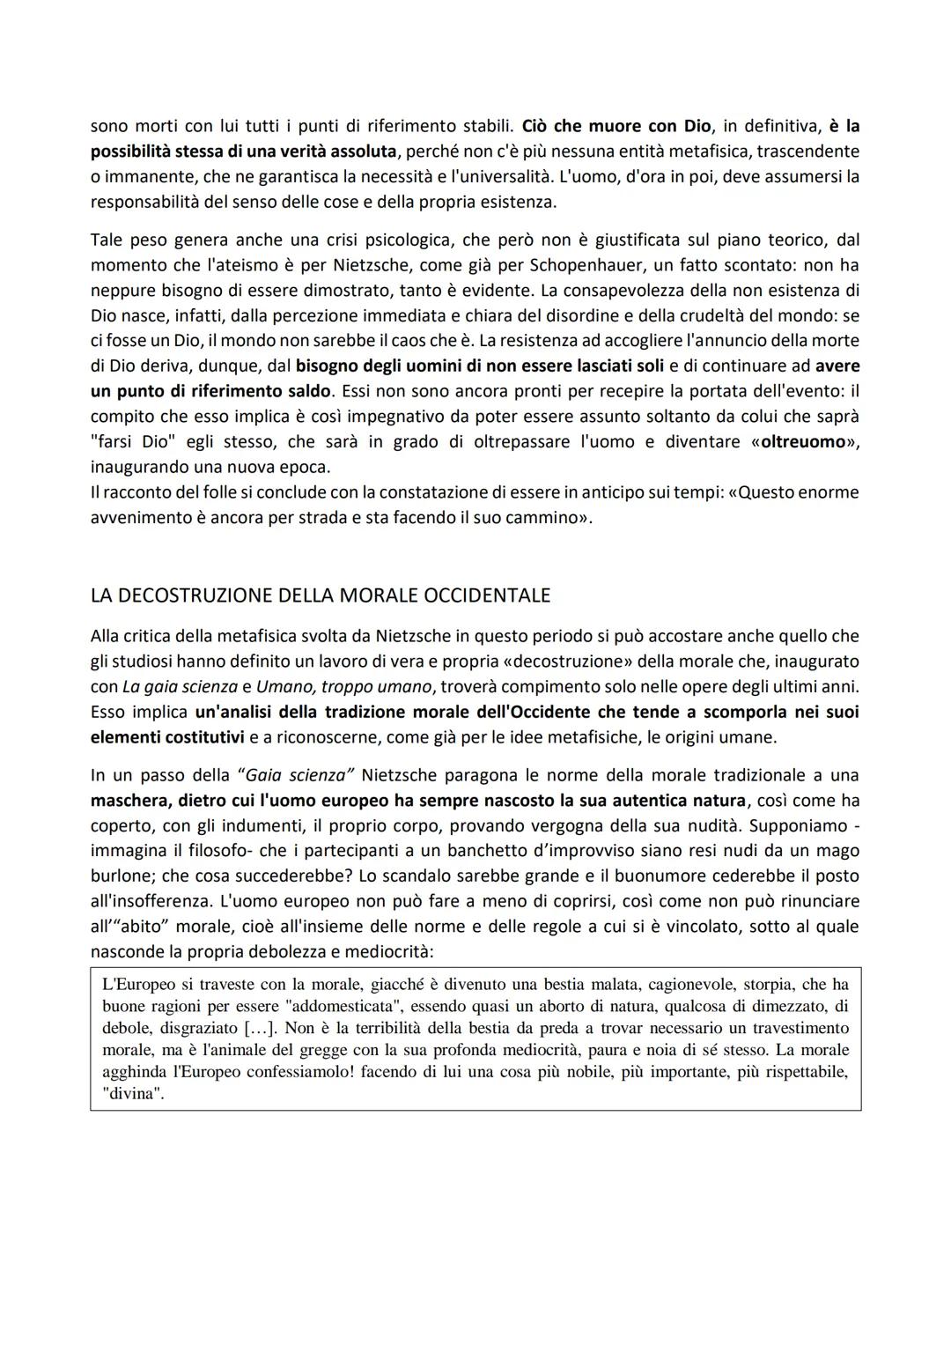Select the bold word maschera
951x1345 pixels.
tap(130, 801)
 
